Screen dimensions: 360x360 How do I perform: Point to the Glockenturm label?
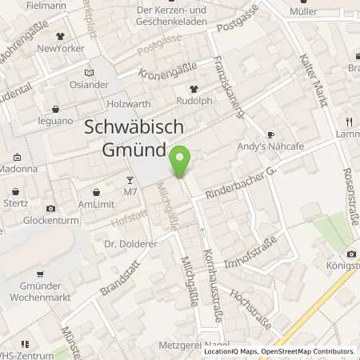[50, 220]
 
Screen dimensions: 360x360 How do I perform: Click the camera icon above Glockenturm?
[50, 208]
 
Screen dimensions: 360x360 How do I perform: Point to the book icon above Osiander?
[89, 72]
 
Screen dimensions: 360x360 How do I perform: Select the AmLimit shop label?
[96, 204]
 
